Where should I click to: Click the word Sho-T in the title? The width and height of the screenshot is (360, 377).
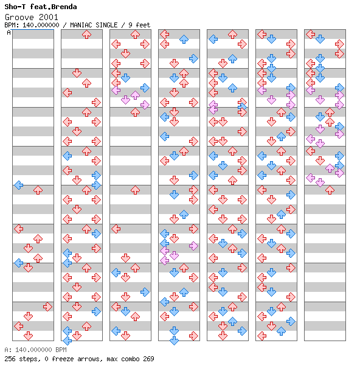pyautogui.click(x=15, y=7)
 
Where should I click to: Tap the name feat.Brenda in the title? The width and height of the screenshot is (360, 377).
pyautogui.click(x=54, y=7)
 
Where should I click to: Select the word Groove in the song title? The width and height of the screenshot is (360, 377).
pyautogui.click(x=19, y=17)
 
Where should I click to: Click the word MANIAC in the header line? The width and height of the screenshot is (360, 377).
pyautogui.click(x=81, y=25)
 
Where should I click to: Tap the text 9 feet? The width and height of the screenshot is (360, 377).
pyautogui.click(x=139, y=25)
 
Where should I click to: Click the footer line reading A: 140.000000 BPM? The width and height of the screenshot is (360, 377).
pyautogui.click(x=36, y=350)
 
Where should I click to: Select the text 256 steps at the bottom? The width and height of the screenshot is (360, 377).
pyautogui.click(x=21, y=359)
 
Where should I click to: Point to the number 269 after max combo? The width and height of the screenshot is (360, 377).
pyautogui.click(x=148, y=359)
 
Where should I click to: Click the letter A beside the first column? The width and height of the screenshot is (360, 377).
pyautogui.click(x=9, y=32)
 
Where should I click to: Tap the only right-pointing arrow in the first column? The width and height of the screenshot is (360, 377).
pyautogui.click(x=47, y=307)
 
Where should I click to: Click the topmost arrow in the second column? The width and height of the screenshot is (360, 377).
pyautogui.click(x=86, y=35)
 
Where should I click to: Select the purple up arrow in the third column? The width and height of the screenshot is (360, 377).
pyautogui.click(x=135, y=95)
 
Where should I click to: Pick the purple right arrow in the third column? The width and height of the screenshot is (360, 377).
pyautogui.click(x=145, y=105)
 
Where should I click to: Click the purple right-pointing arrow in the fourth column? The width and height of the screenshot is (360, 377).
pyautogui.click(x=193, y=246)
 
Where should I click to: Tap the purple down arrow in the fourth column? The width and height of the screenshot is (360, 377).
pyautogui.click(x=174, y=255)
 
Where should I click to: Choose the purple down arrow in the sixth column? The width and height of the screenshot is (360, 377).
pyautogui.click(x=271, y=100)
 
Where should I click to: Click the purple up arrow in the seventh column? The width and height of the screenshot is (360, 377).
pyautogui.click(x=330, y=168)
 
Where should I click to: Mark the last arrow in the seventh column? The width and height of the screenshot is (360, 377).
pyautogui.click(x=330, y=190)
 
